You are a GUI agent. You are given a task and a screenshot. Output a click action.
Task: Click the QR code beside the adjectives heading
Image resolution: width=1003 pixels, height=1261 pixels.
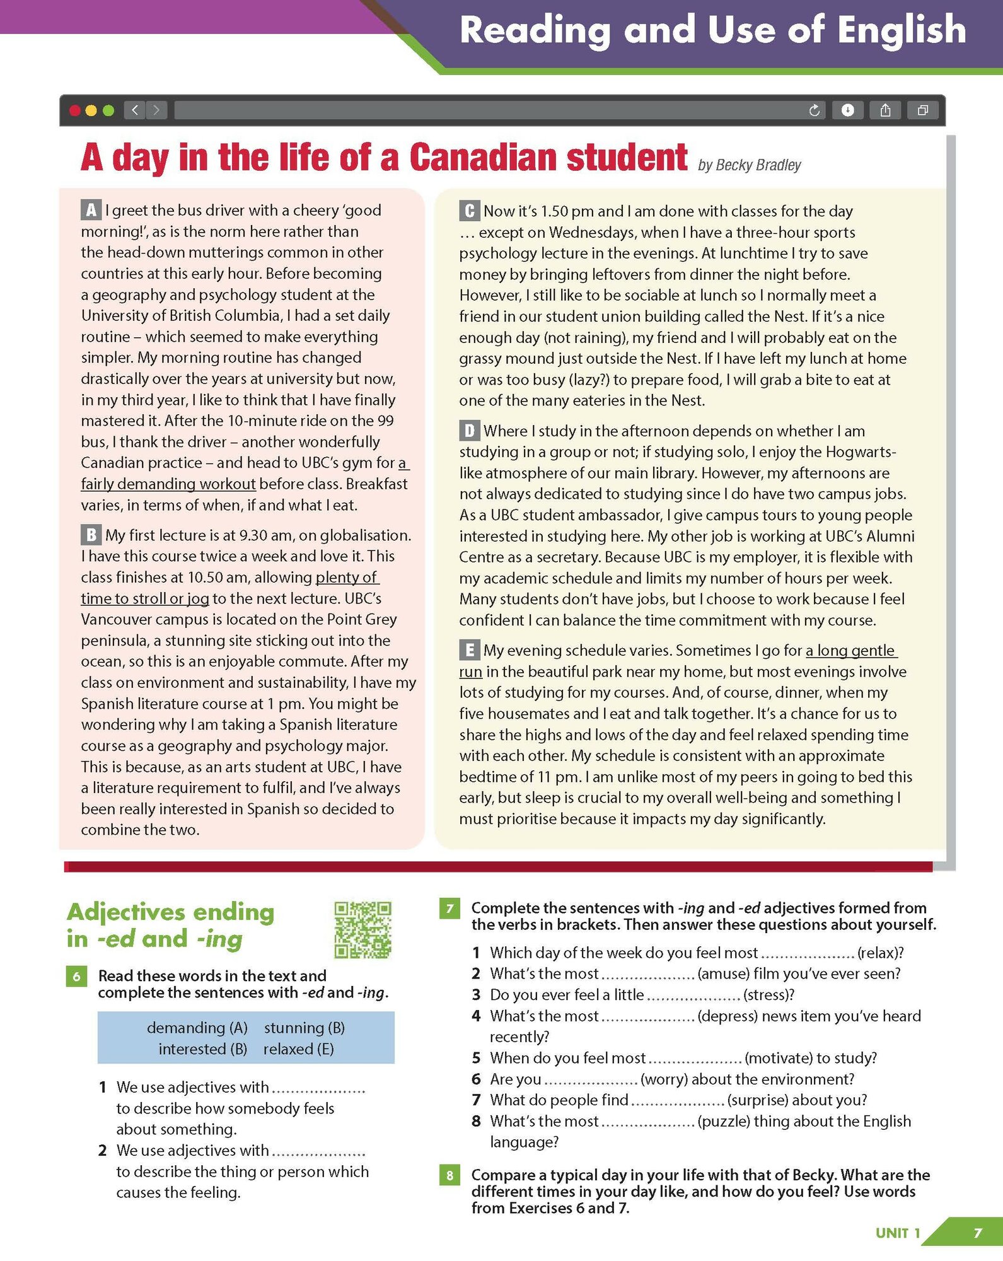click(x=362, y=929)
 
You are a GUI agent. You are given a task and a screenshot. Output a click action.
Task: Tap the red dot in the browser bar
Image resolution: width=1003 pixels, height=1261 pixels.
click(x=75, y=111)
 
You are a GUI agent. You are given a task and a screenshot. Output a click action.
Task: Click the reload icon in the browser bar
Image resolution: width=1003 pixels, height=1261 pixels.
click(x=814, y=111)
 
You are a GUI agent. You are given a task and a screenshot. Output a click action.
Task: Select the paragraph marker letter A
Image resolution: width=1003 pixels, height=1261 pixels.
click(x=91, y=210)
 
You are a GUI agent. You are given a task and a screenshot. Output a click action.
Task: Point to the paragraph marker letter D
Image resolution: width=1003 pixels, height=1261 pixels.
click(x=469, y=431)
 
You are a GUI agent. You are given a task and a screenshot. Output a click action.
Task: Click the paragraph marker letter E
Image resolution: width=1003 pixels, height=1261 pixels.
click(x=469, y=650)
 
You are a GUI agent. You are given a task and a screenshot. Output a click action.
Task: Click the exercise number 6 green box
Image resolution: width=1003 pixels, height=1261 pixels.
click(x=76, y=977)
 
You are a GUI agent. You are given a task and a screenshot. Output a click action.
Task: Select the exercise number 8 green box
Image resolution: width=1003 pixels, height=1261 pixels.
click(x=449, y=1175)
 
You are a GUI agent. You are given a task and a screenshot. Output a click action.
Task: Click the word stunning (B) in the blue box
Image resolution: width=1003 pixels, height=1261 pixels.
click(x=304, y=1028)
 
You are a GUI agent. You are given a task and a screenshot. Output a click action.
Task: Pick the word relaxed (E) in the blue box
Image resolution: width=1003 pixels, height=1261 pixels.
click(x=299, y=1049)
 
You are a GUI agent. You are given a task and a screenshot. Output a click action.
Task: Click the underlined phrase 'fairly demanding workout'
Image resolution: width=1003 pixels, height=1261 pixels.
click(x=168, y=484)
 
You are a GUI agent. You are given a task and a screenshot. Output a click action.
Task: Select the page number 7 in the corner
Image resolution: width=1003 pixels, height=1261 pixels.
click(x=977, y=1233)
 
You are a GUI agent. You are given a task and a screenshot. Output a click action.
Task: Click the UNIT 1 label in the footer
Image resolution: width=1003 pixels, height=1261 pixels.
click(x=898, y=1233)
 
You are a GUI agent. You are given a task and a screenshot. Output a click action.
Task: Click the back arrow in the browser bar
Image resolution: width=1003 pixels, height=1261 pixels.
click(x=135, y=111)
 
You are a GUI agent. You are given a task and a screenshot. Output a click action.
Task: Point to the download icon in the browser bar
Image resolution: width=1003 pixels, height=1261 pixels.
click(x=848, y=111)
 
